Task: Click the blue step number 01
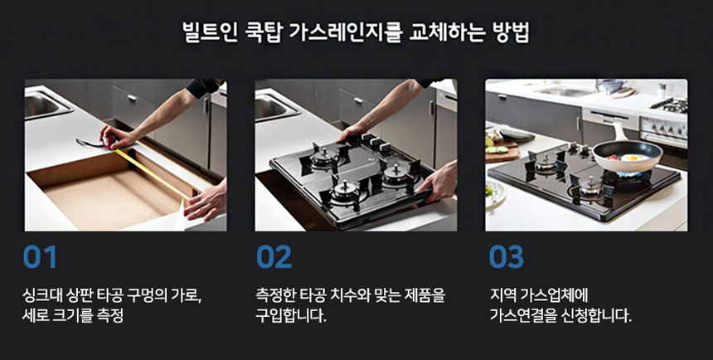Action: pyautogui.click(x=40, y=257)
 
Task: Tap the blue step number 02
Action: pyautogui.click(x=274, y=257)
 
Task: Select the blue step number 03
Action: pyautogui.click(x=506, y=257)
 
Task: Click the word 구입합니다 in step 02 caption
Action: pyautogui.click(x=290, y=315)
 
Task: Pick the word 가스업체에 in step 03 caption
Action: pyautogui.click(x=559, y=295)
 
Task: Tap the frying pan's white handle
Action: pyautogui.click(x=619, y=131)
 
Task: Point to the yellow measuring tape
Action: pyautogui.click(x=151, y=173)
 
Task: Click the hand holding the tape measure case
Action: pyautogui.click(x=114, y=137)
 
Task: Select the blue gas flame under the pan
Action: pyautogui.click(x=632, y=174)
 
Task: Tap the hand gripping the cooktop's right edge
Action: pyautogui.click(x=438, y=182)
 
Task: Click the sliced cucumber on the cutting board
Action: pyautogui.click(x=497, y=148)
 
